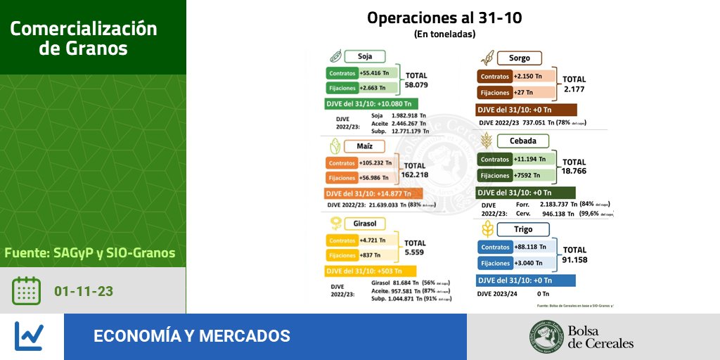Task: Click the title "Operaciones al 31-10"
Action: (444, 18)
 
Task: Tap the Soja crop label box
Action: (364, 56)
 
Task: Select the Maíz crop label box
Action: (364, 146)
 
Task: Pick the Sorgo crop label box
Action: (519, 58)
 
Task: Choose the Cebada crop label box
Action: (522, 141)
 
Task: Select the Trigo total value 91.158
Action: (574, 259)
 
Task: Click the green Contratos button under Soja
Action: (342, 73)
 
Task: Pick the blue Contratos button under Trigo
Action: (495, 247)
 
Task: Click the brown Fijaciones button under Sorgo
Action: (495, 92)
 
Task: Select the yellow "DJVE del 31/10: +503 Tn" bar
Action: (371, 271)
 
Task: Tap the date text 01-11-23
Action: (84, 291)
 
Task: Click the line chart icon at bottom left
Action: (29, 336)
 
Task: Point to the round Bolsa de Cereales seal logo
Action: (546, 336)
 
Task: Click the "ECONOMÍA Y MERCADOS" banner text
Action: (192, 336)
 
